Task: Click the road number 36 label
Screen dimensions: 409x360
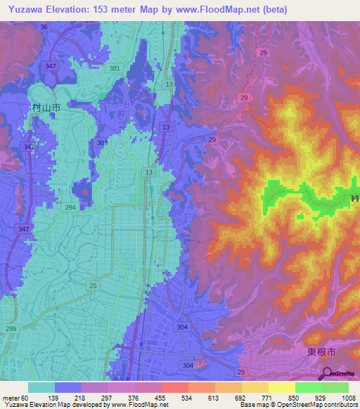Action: point(44,27)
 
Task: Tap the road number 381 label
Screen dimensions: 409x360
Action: point(115,69)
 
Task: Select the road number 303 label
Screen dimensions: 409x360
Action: point(103,143)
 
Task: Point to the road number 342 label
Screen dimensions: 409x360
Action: point(28,147)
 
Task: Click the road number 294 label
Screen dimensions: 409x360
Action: point(70,209)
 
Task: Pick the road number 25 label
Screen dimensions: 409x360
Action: point(93,285)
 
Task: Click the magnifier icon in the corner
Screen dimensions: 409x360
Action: point(327,372)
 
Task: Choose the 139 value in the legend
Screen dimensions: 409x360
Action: point(70,397)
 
